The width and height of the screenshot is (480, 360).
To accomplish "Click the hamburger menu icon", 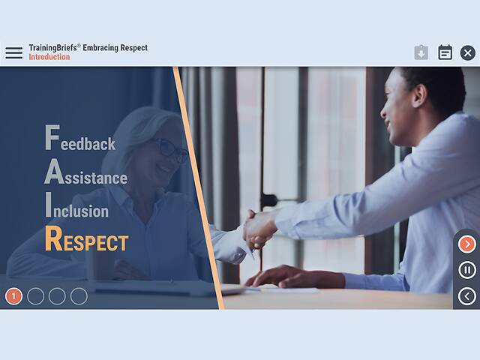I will pyautogui.click(x=14, y=52).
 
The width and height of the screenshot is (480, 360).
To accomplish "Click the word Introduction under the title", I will pyautogui.click(x=49, y=57).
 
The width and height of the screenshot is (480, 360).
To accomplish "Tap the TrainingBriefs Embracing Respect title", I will pyautogui.click(x=88, y=48).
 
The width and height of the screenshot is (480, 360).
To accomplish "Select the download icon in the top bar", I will pyautogui.click(x=421, y=52).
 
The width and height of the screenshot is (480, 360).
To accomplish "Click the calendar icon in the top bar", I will pyautogui.click(x=445, y=52).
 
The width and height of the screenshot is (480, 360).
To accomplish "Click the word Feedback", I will pyautogui.click(x=80, y=141).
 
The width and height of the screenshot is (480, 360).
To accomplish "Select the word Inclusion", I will pyautogui.click(x=76, y=209).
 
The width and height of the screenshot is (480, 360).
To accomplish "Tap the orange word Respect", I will pyautogui.click(x=86, y=241).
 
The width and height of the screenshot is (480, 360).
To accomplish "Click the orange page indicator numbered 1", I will pyautogui.click(x=13, y=296).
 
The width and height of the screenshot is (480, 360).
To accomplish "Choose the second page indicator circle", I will pyautogui.click(x=35, y=296).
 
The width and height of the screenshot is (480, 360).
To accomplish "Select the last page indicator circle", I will pyautogui.click(x=79, y=296).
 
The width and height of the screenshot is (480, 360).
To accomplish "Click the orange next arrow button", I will pyautogui.click(x=466, y=244).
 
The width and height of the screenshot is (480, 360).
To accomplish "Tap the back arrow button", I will pyautogui.click(x=466, y=296).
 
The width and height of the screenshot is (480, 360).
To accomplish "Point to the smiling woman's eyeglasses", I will pyautogui.click(x=170, y=148).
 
